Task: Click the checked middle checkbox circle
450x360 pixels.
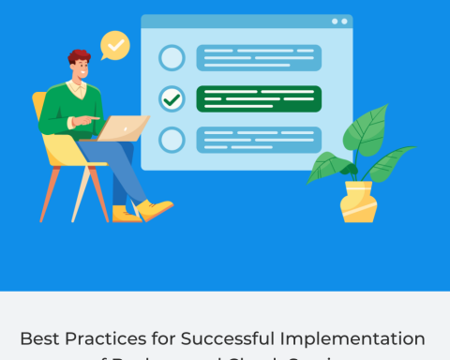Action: coord(172,98)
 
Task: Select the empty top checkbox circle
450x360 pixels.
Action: coord(172,58)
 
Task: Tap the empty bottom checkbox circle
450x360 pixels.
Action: coord(172,140)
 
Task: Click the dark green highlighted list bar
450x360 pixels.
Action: coord(259,98)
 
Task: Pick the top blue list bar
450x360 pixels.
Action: coord(259,58)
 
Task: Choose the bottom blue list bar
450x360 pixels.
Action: coord(259,140)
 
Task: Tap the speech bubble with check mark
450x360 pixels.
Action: coord(114,44)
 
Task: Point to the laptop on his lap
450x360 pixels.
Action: coord(126,127)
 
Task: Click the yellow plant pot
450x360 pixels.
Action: coord(358,202)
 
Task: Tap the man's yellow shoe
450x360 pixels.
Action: coord(156,208)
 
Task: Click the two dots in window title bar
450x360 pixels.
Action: coord(338,21)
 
